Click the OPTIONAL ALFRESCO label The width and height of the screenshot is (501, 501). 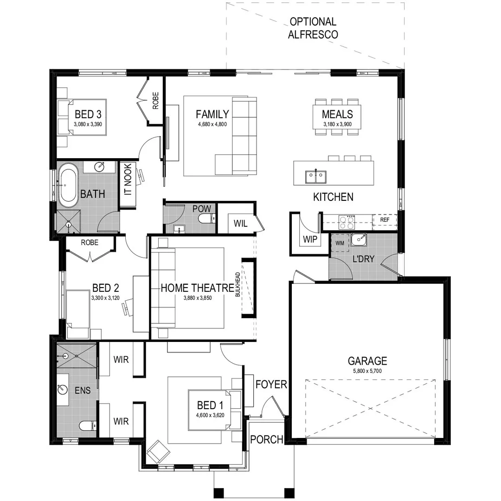coord(313,28)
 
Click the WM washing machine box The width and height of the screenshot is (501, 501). coord(340,243)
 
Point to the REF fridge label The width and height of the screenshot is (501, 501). coord(385,220)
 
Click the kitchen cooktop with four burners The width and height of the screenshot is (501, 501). coord(348,222)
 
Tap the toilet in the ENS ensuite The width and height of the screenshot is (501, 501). coord(87,425)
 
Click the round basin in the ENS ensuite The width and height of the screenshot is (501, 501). coord(63,389)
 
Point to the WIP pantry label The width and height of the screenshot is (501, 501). coord(309,239)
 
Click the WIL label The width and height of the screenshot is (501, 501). coord(240,224)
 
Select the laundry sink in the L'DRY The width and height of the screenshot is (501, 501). coord(358,240)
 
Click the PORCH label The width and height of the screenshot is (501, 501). coord(267,439)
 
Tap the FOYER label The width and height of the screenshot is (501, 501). coord(271,384)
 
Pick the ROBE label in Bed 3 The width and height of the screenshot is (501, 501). coord(155,101)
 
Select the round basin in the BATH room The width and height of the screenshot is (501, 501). coord(102,166)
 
